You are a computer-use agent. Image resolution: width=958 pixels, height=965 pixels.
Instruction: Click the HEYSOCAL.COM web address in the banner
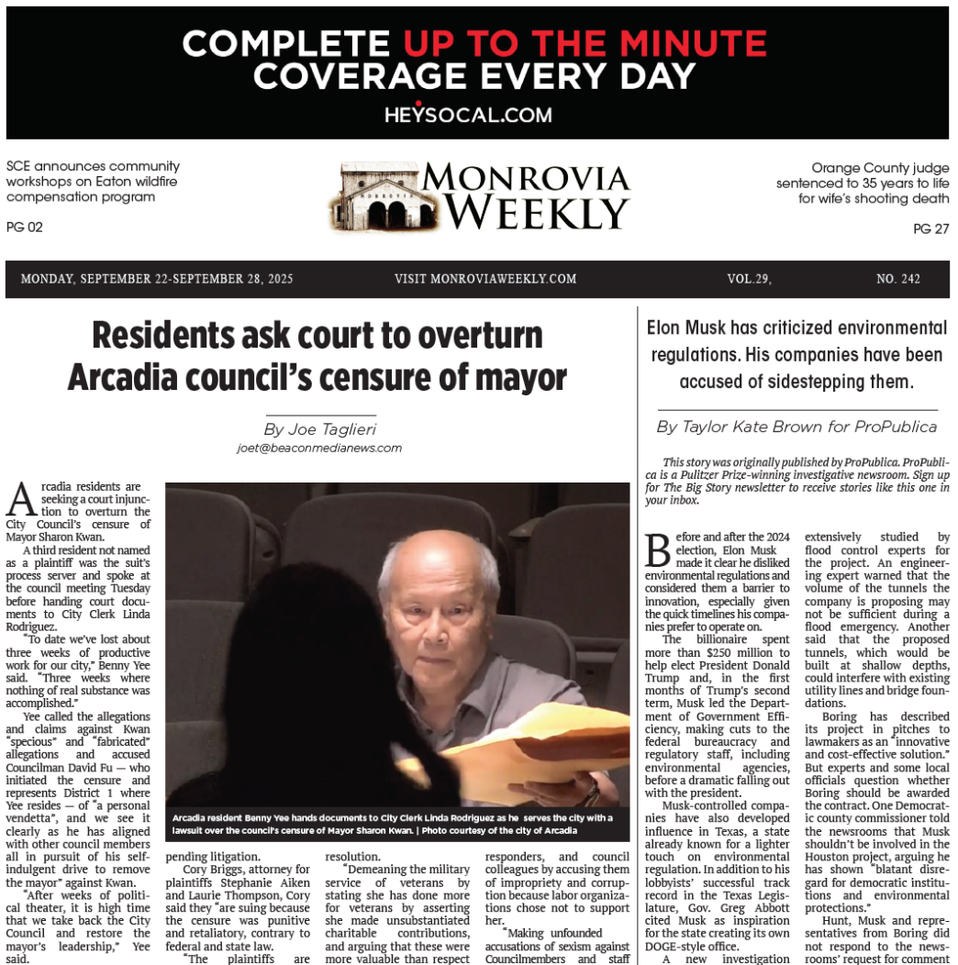468,115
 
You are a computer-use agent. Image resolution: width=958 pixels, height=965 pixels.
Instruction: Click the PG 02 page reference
25,227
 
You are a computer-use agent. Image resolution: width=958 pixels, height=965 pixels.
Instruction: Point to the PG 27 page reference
930,229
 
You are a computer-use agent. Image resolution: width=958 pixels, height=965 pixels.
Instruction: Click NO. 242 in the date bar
897,279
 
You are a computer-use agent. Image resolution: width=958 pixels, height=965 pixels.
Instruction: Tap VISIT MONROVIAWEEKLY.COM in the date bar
485,279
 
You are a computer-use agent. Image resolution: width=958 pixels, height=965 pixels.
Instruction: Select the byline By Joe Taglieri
319,428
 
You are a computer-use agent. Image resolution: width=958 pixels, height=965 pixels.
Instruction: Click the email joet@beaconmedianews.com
319,449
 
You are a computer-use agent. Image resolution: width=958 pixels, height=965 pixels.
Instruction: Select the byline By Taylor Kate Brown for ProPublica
796,427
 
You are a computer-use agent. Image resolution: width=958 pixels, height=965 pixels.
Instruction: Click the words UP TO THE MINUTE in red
585,43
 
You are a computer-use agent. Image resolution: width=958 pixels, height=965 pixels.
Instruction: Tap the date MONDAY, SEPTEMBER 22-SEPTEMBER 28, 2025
157,279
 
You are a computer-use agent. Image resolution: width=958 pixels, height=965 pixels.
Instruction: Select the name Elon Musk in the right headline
685,327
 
